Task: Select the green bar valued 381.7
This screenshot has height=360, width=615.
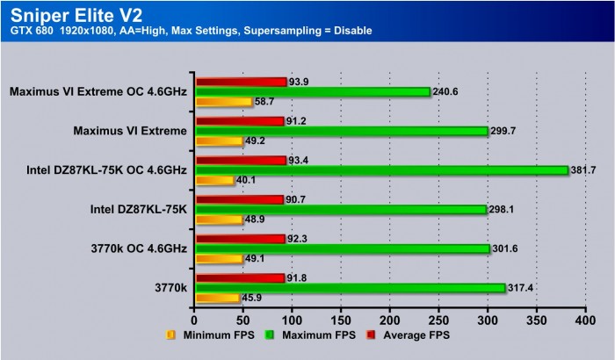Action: click(x=381, y=170)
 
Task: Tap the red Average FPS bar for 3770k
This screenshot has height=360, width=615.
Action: click(x=240, y=277)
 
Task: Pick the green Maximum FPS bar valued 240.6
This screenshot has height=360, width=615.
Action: click(x=312, y=91)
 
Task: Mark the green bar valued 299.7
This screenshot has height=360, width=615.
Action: click(x=341, y=131)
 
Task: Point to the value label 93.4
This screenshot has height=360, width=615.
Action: click(x=300, y=160)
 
